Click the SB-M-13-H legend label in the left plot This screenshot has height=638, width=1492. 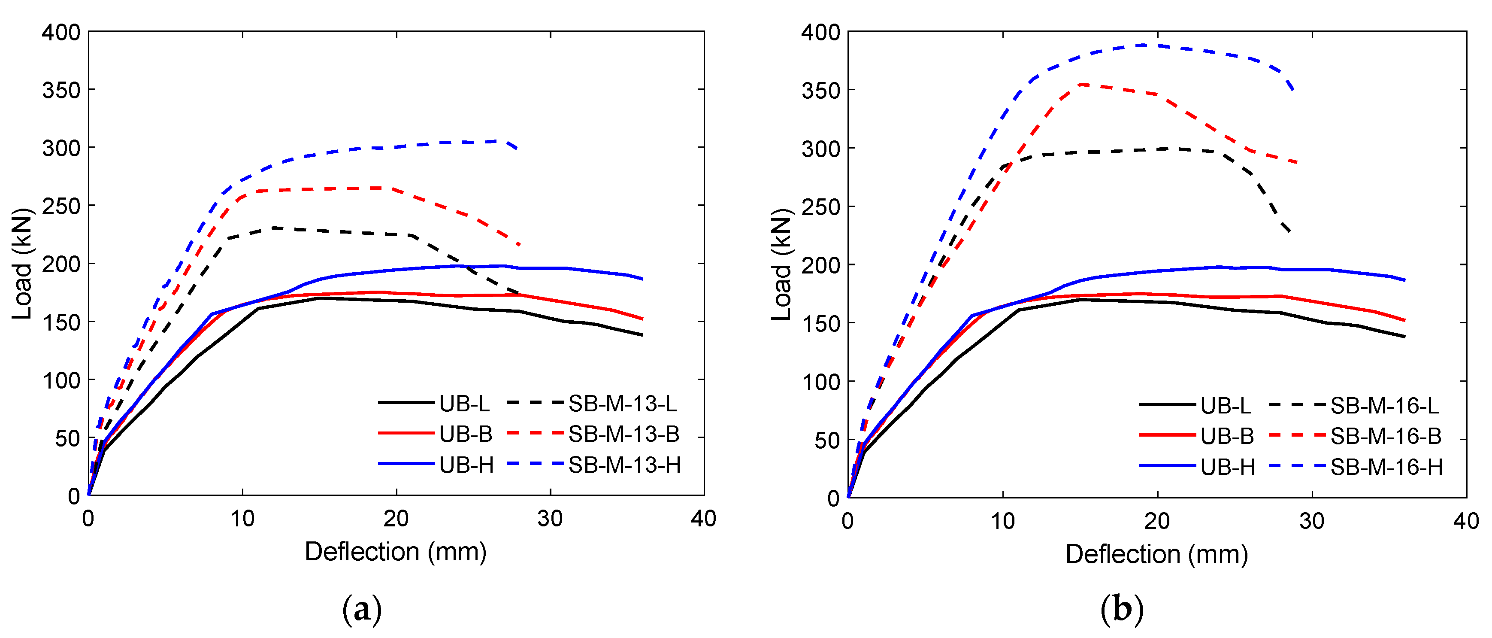tap(624, 465)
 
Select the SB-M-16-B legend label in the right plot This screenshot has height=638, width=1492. tap(1386, 436)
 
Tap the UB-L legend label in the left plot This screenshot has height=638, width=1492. tap(464, 403)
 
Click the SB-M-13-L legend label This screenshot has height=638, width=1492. tap(623, 403)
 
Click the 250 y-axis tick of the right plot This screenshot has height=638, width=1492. tap(821, 207)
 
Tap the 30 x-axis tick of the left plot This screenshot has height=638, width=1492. tap(550, 519)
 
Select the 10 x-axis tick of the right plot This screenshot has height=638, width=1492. tap(1002, 521)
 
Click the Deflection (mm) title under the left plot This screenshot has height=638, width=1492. tap(396, 552)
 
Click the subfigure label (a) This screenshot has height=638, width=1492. tap(362, 610)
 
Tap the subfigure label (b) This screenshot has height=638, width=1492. tap(1122, 610)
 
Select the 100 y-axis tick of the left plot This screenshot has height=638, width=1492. tap(61, 380)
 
